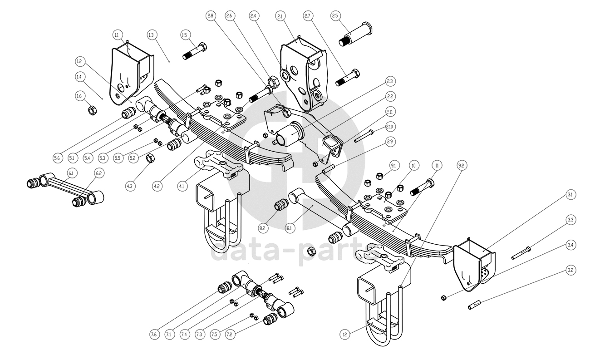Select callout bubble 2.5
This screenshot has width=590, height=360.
point(335,16)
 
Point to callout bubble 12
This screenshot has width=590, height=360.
point(345,335)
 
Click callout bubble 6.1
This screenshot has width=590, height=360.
point(72,173)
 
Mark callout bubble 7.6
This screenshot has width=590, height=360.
point(154,335)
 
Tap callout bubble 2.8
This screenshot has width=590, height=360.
point(210,16)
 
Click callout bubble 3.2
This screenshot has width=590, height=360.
point(570,270)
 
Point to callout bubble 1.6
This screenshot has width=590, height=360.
point(79,96)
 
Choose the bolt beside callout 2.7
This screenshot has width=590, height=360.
point(348,78)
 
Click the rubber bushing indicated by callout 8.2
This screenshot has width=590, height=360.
point(280,205)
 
